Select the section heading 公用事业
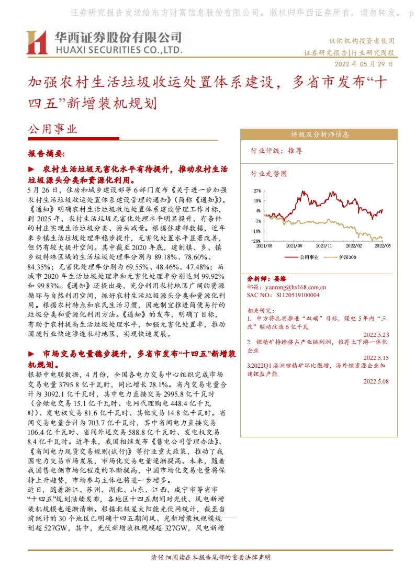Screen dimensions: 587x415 point(52,129)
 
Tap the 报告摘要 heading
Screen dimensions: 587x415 point(46,154)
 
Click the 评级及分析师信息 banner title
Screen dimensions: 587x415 point(320,134)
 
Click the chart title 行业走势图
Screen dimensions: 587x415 point(269,173)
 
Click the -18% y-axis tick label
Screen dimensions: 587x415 point(257,231)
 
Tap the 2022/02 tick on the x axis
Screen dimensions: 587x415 point(354,245)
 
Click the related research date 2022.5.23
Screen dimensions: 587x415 point(376,334)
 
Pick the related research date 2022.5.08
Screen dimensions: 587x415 point(376,381)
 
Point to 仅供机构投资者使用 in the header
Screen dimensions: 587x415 point(362,41)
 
